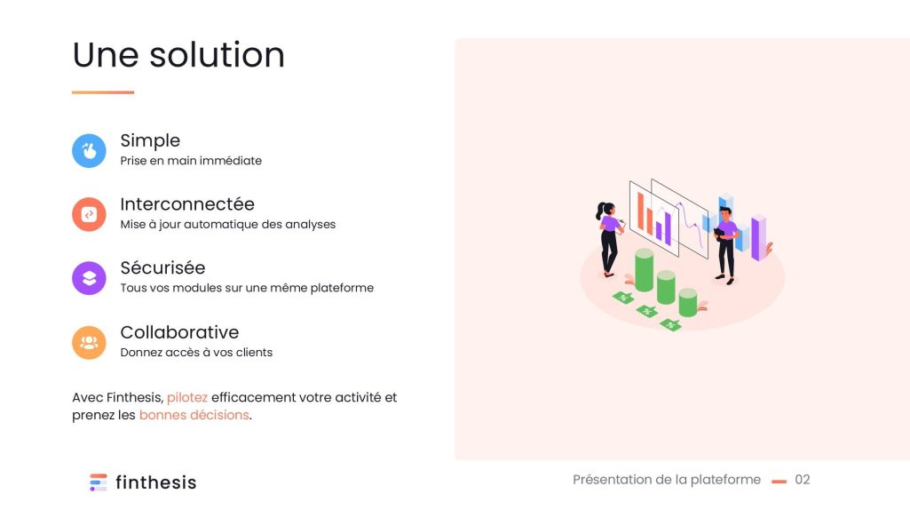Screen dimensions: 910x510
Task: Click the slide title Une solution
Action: (x=178, y=55)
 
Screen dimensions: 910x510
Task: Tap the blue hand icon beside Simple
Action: (x=89, y=150)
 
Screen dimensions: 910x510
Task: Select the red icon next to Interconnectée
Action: (x=89, y=214)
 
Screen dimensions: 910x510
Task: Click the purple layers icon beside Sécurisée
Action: (x=89, y=278)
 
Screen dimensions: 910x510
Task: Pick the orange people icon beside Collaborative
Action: (x=89, y=342)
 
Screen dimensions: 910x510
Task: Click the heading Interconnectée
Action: (x=187, y=203)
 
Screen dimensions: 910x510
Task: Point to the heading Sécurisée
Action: (x=162, y=267)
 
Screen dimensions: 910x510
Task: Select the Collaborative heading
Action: (x=179, y=332)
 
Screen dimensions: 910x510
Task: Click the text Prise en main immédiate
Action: (x=191, y=161)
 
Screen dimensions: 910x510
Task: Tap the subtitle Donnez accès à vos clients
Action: (x=196, y=353)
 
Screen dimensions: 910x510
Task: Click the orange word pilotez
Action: (x=186, y=398)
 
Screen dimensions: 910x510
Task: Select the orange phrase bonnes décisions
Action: (x=194, y=415)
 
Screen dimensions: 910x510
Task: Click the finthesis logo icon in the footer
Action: (x=98, y=482)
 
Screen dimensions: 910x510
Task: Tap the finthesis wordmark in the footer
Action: (x=156, y=482)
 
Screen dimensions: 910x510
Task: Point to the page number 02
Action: (x=802, y=480)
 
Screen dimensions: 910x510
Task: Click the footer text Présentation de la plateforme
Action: (x=666, y=480)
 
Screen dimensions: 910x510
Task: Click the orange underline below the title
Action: (x=103, y=92)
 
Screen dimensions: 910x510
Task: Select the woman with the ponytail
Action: (x=609, y=239)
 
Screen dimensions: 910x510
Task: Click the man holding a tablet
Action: (x=726, y=245)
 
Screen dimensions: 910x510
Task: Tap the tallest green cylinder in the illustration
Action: (x=644, y=269)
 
